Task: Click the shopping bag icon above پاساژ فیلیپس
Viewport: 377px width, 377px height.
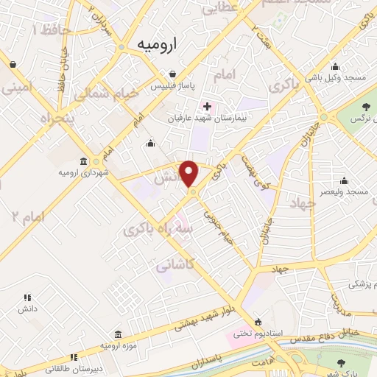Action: pos(172,74)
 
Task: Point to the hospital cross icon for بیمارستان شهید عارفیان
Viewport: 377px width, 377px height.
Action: pos(207,106)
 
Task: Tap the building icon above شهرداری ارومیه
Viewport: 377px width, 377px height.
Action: pos(82,161)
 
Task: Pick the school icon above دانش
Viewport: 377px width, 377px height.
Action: pos(27,298)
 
